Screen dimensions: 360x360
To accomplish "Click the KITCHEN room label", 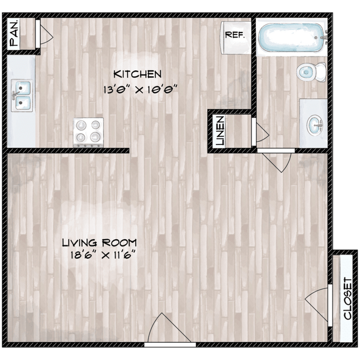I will coord(137,74).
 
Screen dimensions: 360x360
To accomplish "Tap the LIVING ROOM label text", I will coord(99,243).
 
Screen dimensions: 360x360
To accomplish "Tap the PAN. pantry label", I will coord(14,34).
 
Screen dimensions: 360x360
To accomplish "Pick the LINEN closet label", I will coord(220,131).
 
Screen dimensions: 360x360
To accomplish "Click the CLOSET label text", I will coord(347,298).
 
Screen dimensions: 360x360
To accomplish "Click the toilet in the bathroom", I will coord(310,71).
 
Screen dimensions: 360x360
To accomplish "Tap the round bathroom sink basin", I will coord(313,123).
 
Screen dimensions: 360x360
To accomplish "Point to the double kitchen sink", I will coord(23,94).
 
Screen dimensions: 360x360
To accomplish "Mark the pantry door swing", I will coord(45,34).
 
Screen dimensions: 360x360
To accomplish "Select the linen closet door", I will coord(260,132).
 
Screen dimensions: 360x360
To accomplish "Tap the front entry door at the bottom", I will coord(166,331).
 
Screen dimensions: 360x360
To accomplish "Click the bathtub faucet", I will coord(324,37).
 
